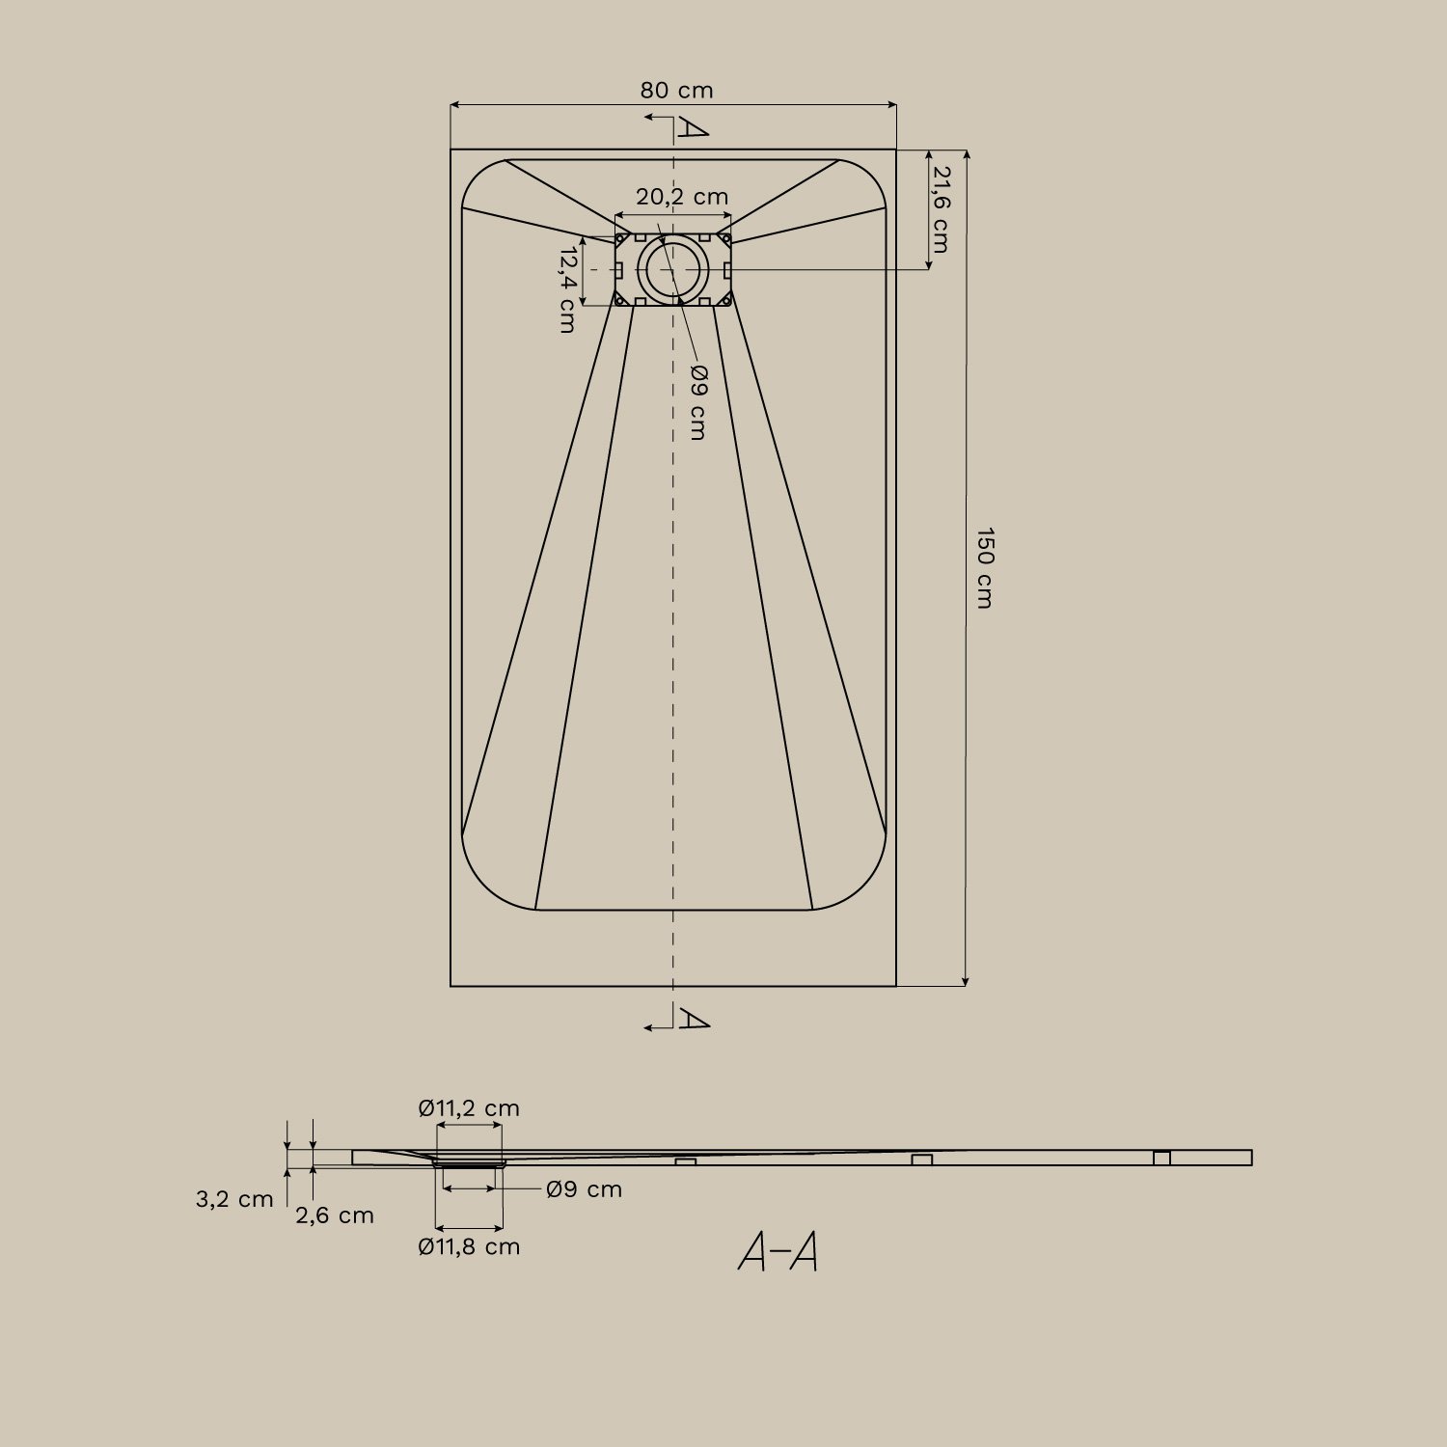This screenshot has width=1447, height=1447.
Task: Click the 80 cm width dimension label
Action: pyautogui.click(x=676, y=91)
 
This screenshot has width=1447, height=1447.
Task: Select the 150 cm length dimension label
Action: pyautogui.click(x=984, y=567)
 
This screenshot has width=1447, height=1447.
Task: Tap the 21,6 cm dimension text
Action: pyautogui.click(x=940, y=209)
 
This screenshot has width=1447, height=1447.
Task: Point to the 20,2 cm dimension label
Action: pyautogui.click(x=682, y=197)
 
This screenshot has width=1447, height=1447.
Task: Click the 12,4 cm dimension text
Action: pyautogui.click(x=568, y=289)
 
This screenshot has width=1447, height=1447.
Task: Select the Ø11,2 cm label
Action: pyautogui.click(x=469, y=1108)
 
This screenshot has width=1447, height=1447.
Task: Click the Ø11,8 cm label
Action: pyautogui.click(x=469, y=1246)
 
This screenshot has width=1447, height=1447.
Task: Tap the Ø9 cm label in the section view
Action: pyautogui.click(x=584, y=1189)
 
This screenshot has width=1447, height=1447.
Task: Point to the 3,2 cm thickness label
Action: pyautogui.click(x=234, y=1199)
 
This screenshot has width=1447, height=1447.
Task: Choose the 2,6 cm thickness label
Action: pyautogui.click(x=335, y=1215)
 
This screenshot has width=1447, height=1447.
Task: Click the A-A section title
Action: pyautogui.click(x=778, y=1252)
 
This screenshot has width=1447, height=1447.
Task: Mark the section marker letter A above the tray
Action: pyautogui.click(x=692, y=127)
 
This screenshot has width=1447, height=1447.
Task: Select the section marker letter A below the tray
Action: pyautogui.click(x=693, y=1018)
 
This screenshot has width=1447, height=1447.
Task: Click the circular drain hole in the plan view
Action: pyautogui.click(x=672, y=269)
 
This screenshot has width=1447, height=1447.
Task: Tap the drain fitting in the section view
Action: pyautogui.click(x=470, y=1164)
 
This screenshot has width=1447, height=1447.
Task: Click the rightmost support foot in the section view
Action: pyautogui.click(x=1161, y=1158)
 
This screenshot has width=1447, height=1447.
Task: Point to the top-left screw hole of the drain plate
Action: pyautogui.click(x=620, y=237)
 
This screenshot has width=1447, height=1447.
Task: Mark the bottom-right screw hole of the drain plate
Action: pyautogui.click(x=725, y=301)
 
